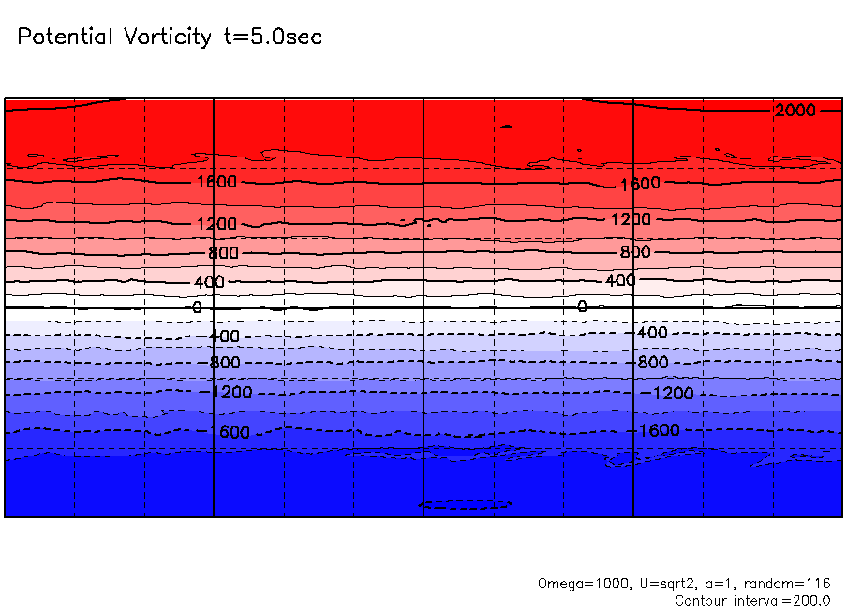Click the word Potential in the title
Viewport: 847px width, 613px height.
point(65,37)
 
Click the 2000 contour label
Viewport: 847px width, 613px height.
point(795,111)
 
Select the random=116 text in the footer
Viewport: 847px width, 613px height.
point(789,583)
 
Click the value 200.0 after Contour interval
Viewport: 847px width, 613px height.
point(811,600)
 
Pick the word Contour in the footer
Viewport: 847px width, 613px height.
point(703,600)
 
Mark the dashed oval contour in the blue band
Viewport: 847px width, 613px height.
point(466,504)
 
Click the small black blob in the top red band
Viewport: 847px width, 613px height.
point(507,126)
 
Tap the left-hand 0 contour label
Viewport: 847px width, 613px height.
point(197,307)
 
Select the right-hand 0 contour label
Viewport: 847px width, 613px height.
point(582,306)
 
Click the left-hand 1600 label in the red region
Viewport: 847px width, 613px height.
point(216,182)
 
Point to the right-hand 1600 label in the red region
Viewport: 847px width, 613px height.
point(640,184)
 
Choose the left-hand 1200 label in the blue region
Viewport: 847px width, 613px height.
point(230,392)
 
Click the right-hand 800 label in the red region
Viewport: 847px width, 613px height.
point(634,252)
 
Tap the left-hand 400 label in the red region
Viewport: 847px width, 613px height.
point(210,282)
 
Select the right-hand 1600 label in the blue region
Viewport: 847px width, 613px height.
point(659,430)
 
